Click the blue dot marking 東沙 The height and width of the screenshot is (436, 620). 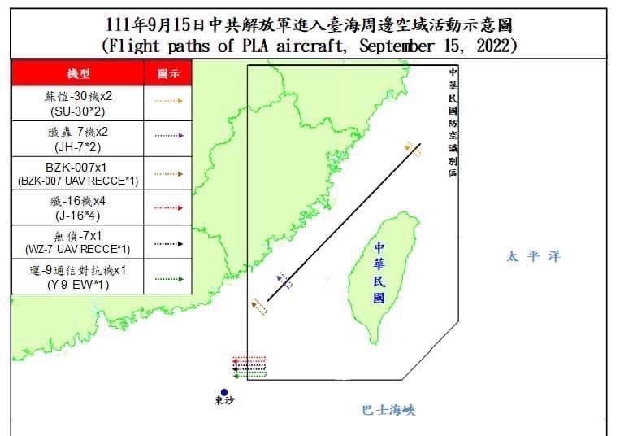tap(223, 392)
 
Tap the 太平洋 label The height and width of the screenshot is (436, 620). tap(534, 257)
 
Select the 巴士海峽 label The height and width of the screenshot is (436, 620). tap(388, 410)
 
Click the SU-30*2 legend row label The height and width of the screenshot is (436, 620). tap(78, 102)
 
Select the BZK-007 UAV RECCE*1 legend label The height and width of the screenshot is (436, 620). tap(78, 174)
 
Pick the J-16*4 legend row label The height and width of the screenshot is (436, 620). tap(78, 207)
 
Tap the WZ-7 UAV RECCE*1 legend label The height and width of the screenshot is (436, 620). tap(78, 242)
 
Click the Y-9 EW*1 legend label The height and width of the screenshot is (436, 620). tap(78, 277)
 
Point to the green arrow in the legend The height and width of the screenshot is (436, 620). tap(168, 277)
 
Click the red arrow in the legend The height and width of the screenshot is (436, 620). tap(168, 207)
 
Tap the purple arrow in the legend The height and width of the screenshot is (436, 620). tap(168, 136)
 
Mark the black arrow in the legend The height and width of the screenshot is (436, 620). tap(168, 242)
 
